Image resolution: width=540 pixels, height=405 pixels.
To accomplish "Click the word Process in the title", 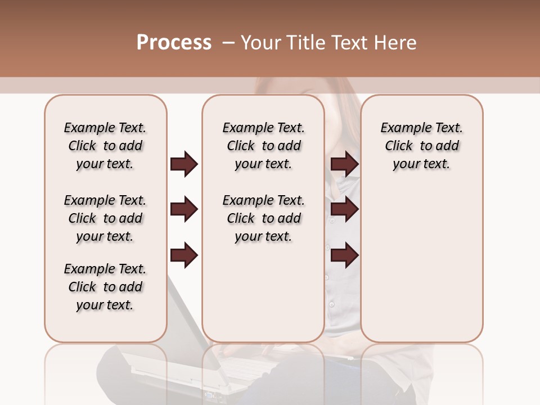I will point(174,43).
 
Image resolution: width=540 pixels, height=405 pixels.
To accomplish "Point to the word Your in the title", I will point(261,43).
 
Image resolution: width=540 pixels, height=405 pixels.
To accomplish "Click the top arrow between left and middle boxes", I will point(184,164).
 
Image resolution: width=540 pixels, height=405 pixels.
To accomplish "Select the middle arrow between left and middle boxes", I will point(184,209).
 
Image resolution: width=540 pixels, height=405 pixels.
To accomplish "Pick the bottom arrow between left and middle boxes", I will point(184,255).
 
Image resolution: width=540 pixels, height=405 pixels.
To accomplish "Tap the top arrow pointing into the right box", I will point(345,164).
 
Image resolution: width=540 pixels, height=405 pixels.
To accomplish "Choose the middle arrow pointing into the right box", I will point(345,209).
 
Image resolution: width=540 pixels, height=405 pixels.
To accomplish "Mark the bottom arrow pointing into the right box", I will point(345,255).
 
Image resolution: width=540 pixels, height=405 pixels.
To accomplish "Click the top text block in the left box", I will point(105,146).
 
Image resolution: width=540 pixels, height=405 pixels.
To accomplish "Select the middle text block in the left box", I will point(105,218).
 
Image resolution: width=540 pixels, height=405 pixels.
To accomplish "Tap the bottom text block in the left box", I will point(105,287).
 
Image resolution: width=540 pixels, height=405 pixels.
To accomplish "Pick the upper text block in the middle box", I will point(263,146).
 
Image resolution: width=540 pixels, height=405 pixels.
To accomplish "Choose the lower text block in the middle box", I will point(263,218).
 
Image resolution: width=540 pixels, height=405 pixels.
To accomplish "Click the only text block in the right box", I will point(421,146).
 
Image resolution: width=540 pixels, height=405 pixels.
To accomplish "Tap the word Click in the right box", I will point(399,146).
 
